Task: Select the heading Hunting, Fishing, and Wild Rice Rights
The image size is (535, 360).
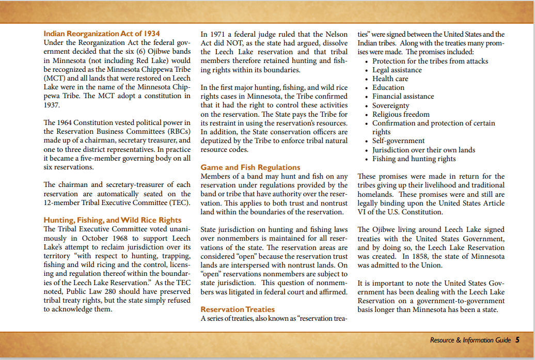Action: coord(113,220)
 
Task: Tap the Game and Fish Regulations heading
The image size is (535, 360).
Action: coord(250,167)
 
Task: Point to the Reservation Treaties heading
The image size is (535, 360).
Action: coord(238,309)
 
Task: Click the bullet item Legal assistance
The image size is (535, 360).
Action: coord(397,70)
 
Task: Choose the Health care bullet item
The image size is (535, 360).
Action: coord(390,79)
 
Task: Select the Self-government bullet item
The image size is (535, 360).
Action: coord(398,140)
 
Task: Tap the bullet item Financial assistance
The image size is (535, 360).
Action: coord(403,96)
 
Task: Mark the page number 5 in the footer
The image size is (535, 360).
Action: coord(517,340)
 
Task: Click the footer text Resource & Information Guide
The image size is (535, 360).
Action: coord(470,340)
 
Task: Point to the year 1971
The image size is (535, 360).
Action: coord(221,34)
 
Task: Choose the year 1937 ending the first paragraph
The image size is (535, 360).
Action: coord(53,105)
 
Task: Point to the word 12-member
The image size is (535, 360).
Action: coord(64,203)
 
